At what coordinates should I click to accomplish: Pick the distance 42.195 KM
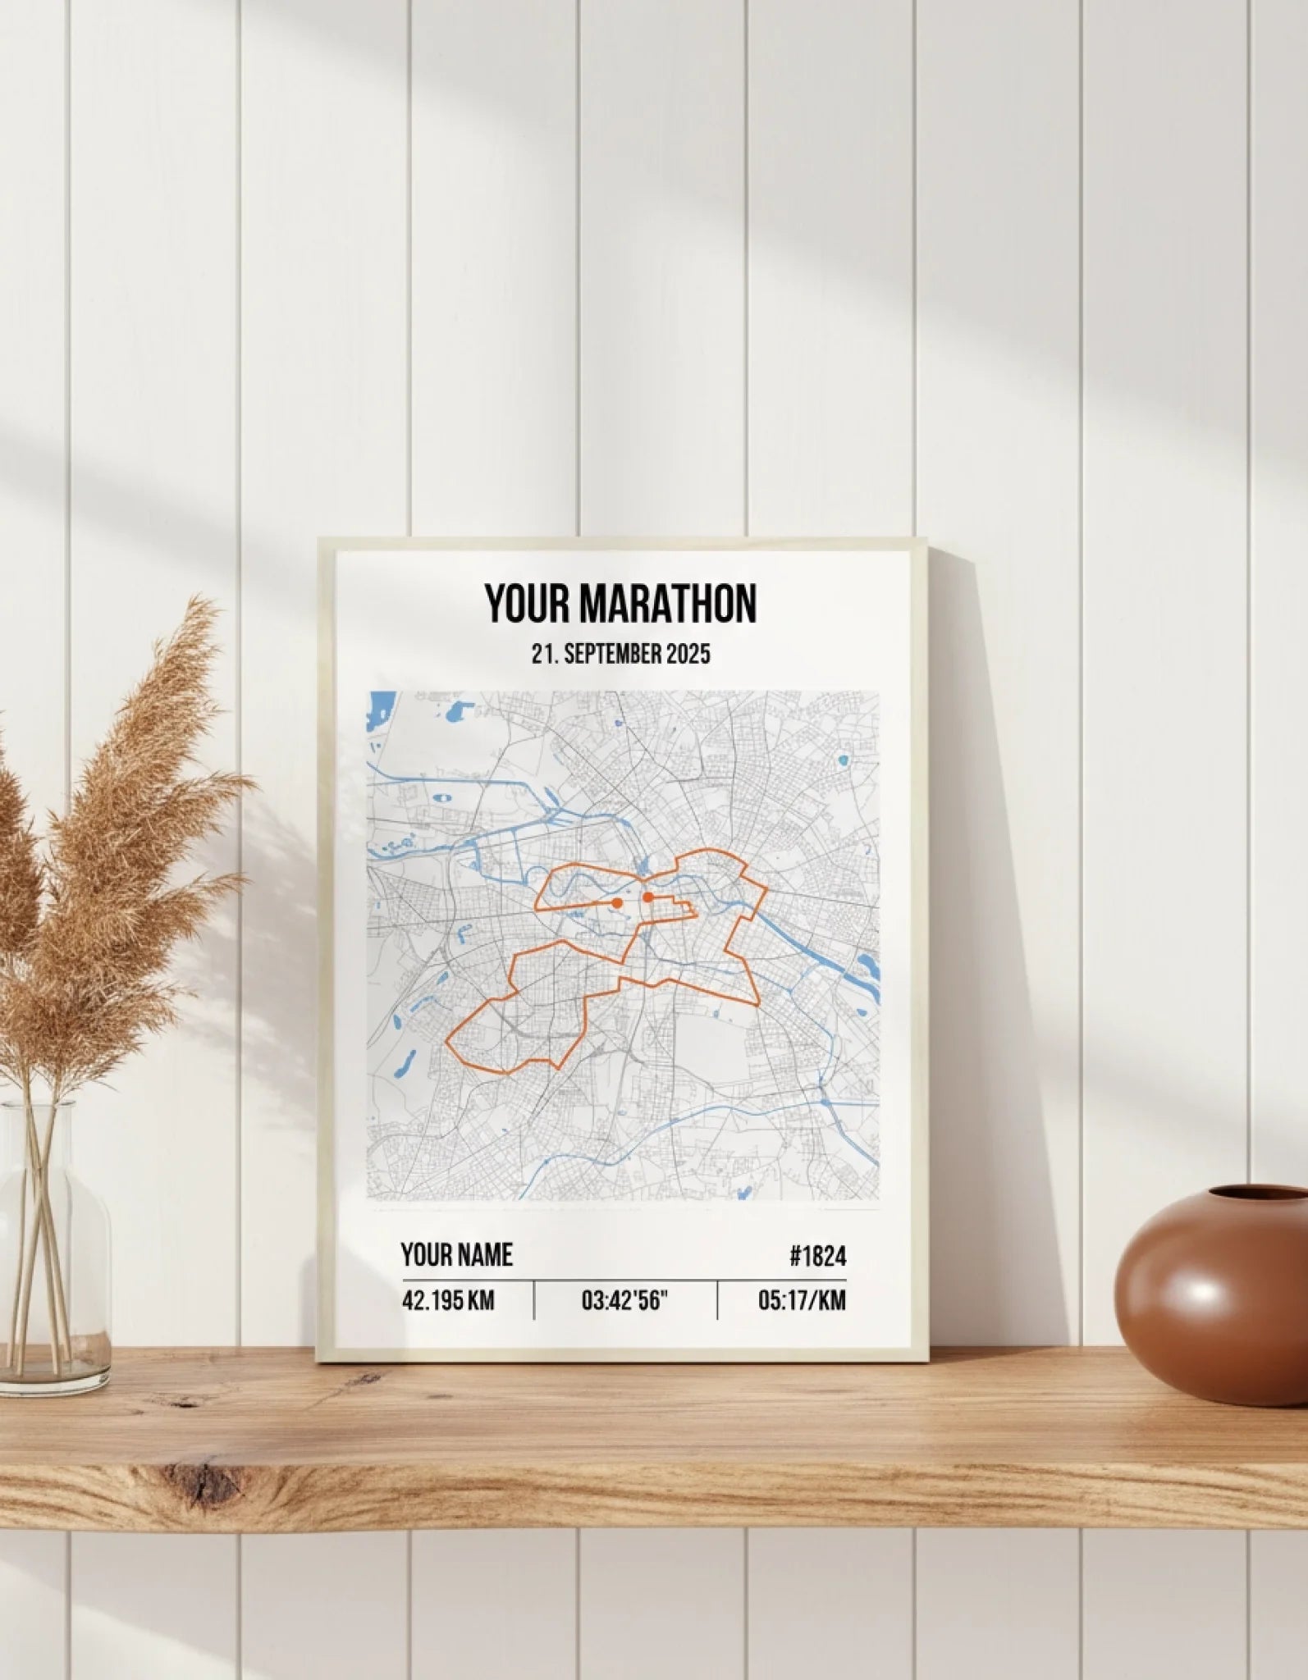pos(448,1300)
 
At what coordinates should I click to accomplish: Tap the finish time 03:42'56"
pos(625,1300)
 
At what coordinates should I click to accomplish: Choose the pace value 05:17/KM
pos(802,1300)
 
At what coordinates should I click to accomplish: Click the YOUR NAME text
pos(456,1255)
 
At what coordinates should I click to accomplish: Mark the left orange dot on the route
pos(617,902)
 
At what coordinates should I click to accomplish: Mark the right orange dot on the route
pos(647,897)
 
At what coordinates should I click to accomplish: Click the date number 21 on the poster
pos(540,654)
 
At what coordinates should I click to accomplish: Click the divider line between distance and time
pos(534,1300)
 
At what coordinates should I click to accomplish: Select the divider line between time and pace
pos(717,1300)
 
